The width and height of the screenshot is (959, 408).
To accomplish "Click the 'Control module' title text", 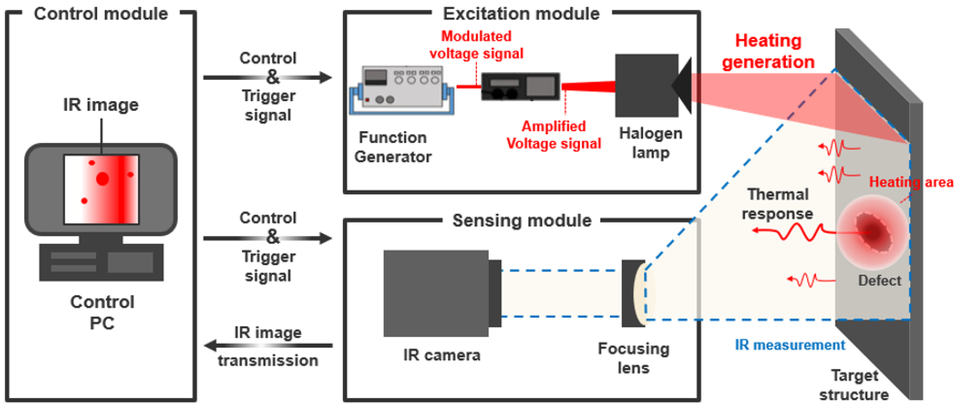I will (101, 14).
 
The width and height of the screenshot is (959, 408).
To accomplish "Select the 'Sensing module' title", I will (522, 221).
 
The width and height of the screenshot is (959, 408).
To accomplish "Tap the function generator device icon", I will (402, 89).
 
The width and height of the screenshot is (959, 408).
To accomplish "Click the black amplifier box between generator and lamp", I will (520, 86).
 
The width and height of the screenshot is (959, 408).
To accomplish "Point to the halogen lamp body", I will (646, 86).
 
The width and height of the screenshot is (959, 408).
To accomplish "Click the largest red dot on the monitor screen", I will (103, 179).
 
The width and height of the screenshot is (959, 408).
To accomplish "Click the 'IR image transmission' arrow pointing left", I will (268, 346).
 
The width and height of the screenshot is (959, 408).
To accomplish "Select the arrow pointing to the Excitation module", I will (268, 77).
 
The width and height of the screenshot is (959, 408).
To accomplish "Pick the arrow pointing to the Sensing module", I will (268, 238).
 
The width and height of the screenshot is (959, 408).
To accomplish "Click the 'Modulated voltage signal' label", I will (476, 45).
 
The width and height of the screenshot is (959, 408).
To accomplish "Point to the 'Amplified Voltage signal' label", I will (553, 134).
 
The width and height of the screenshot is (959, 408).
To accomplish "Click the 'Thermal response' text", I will (777, 204).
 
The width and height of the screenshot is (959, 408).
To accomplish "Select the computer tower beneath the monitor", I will (101, 262).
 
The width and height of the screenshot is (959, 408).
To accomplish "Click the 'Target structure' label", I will (854, 385).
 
